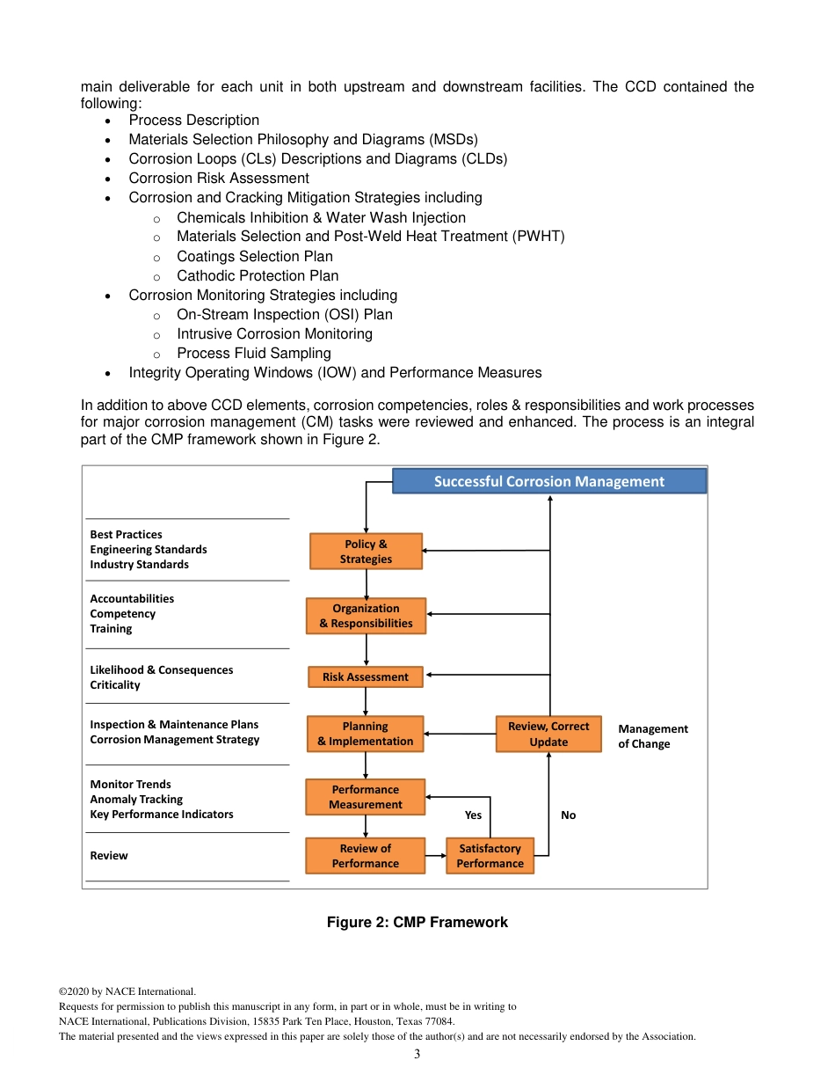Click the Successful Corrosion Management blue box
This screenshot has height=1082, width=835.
(548, 481)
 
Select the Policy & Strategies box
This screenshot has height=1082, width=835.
(366, 552)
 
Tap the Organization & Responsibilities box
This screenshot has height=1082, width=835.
(366, 616)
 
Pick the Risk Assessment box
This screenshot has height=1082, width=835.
(365, 677)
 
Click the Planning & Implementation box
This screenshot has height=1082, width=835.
(365, 734)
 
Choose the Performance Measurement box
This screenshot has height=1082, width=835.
(365, 797)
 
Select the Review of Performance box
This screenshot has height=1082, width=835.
(365, 856)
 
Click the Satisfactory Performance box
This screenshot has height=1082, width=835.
(490, 856)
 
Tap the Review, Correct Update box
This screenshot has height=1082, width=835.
(548, 734)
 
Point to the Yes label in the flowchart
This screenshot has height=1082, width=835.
(473, 815)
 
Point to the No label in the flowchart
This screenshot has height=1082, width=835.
(569, 815)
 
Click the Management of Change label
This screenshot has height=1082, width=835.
(652, 736)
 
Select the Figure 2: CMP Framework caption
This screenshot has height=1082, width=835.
(417, 922)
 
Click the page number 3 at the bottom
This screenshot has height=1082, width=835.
(417, 1054)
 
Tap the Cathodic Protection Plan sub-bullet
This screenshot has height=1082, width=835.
(257, 275)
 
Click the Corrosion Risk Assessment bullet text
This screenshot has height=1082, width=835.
(218, 178)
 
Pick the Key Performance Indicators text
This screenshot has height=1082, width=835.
(162, 815)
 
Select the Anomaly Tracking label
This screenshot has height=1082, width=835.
(136, 800)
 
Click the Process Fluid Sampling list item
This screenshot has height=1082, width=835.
(253, 353)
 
